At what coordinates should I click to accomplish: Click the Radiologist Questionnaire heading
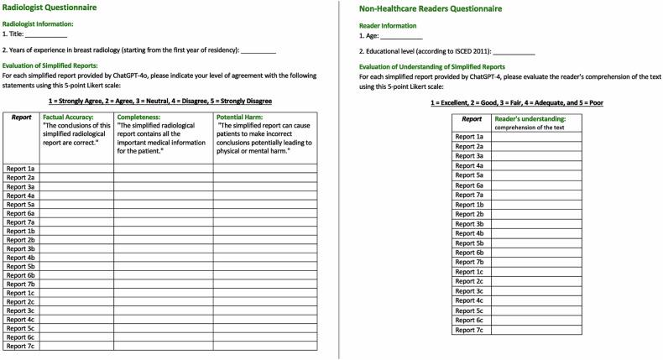[x=49, y=8]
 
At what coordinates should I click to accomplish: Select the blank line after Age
[x=402, y=38]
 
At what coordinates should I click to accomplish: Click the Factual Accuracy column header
[x=68, y=117]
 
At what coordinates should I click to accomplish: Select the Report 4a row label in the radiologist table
[x=20, y=196]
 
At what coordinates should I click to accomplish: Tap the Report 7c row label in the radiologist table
[x=20, y=345]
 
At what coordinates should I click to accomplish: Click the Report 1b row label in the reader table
[x=468, y=204]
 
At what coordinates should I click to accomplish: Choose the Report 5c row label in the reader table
[x=468, y=310]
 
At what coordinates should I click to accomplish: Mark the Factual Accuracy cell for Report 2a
[x=76, y=178]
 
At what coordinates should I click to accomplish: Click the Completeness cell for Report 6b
[x=163, y=274]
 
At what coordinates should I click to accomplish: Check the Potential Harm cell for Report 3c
[x=265, y=310]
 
